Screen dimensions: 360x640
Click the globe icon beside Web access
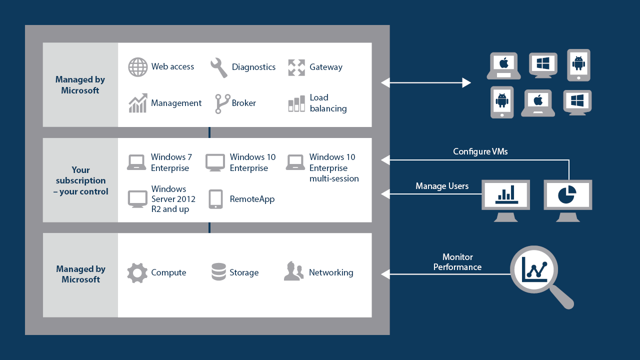click(x=138, y=67)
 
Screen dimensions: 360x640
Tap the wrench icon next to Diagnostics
click(x=219, y=67)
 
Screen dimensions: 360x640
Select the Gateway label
click(x=325, y=67)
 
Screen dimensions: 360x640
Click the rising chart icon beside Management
click(x=138, y=103)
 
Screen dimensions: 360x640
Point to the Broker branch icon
click(x=222, y=103)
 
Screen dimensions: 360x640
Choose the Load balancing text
click(x=328, y=103)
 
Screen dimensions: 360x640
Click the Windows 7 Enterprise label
click(x=171, y=162)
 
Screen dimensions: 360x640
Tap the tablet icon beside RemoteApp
click(x=215, y=199)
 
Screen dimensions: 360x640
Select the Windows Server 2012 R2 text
click(x=173, y=199)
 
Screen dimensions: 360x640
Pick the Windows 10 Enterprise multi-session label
click(x=333, y=167)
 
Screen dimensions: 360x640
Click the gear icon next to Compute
click(x=137, y=273)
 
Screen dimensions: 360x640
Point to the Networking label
click(x=330, y=272)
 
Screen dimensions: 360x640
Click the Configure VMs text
click(x=480, y=151)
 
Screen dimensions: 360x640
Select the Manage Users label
click(x=442, y=186)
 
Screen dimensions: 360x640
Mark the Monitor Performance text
click(x=457, y=262)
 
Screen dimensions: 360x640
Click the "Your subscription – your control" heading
click(x=80, y=180)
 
